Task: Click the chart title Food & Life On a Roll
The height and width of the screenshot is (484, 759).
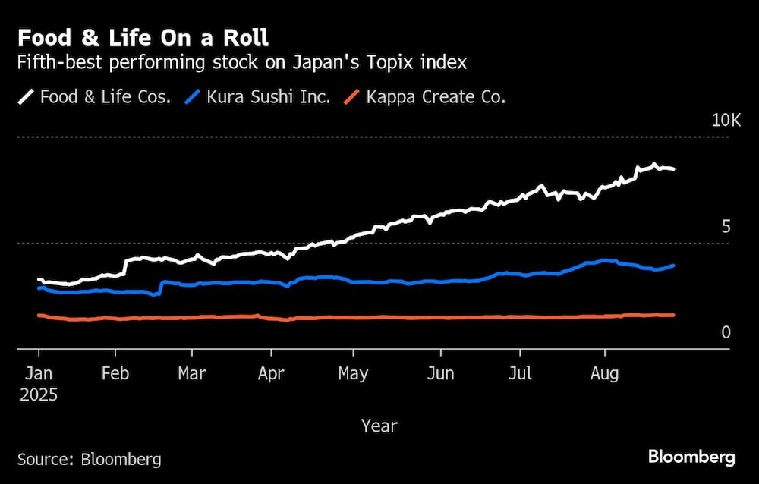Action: [143, 38]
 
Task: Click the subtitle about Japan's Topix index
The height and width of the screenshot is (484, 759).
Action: [242, 63]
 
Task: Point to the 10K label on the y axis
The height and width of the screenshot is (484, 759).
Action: [725, 121]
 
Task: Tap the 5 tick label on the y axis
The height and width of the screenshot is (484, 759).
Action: [726, 227]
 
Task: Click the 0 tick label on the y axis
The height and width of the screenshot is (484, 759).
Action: [726, 332]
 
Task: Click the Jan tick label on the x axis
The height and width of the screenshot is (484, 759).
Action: [39, 373]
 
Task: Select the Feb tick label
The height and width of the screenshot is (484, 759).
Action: [115, 373]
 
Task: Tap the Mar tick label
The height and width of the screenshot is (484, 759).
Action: [192, 373]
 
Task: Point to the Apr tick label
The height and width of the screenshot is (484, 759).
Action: [271, 373]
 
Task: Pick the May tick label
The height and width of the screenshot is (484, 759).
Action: [352, 373]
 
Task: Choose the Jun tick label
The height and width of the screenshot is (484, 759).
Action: [440, 373]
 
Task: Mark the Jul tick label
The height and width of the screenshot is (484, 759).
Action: [520, 373]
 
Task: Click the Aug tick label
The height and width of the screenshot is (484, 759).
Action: [604, 373]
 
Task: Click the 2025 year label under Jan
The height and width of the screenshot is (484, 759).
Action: [39, 395]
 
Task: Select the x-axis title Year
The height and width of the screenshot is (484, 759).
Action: [379, 426]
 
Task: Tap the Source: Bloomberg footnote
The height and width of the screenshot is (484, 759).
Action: [89, 459]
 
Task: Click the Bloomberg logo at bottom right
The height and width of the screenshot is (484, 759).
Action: [691, 457]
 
